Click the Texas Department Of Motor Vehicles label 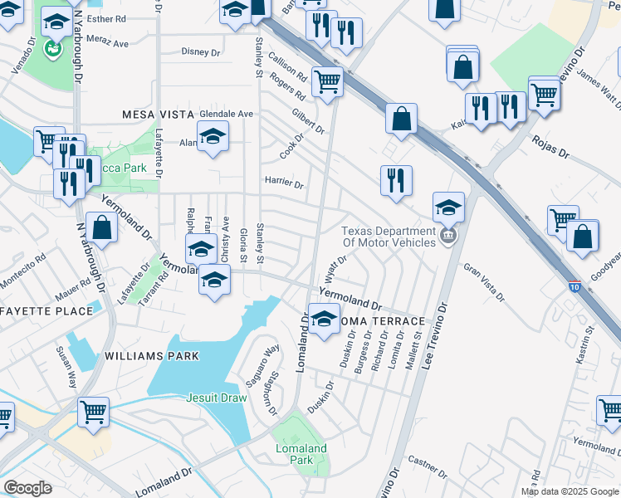[x=389, y=237]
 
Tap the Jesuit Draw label [x=216, y=398]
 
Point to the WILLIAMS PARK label [x=153, y=356]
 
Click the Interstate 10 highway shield [x=576, y=286]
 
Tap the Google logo [x=27, y=487]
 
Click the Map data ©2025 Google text [x=570, y=491]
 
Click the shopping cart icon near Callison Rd [x=328, y=81]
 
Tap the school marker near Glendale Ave [x=213, y=136]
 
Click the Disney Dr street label [x=201, y=51]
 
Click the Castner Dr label [x=428, y=467]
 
